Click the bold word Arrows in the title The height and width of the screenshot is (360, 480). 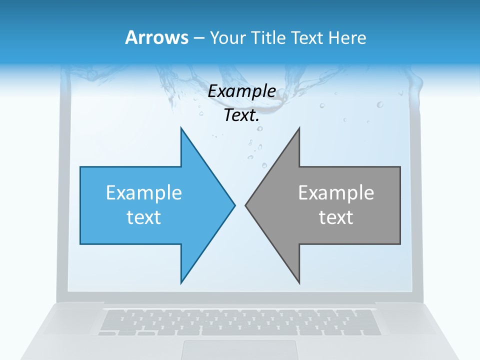click(156, 38)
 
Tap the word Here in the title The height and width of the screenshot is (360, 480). click(347, 38)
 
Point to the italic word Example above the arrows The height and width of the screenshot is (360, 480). click(241, 91)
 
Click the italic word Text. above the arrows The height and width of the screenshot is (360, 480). click(241, 115)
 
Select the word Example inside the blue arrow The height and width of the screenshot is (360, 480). click(143, 192)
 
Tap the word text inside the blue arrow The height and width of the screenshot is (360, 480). click(143, 217)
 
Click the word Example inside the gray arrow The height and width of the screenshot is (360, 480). click(336, 192)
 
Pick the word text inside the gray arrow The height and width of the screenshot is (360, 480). click(336, 217)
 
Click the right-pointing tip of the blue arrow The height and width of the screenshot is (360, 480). click(234, 205)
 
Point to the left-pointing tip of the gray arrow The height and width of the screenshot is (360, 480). click(246, 205)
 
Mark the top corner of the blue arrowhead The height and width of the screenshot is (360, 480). click(181, 128)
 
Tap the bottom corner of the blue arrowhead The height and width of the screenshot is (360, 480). click(181, 282)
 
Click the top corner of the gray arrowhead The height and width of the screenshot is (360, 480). click(299, 128)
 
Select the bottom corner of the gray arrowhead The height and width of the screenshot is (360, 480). click(299, 282)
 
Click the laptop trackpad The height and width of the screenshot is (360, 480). click(239, 349)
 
